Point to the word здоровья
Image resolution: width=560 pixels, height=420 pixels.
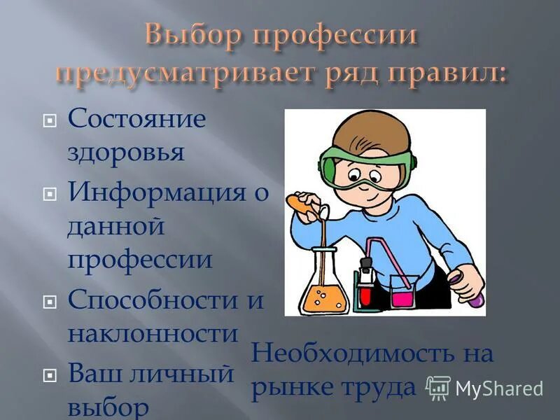126,153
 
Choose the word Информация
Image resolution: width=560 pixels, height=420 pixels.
156,192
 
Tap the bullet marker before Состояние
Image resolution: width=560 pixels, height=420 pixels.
50,120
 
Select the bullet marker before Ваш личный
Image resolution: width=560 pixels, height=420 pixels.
50,376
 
